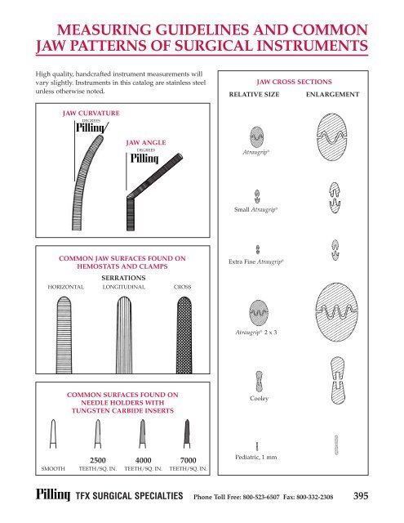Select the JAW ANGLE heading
(x=146, y=142)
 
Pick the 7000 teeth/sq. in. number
(x=187, y=461)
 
